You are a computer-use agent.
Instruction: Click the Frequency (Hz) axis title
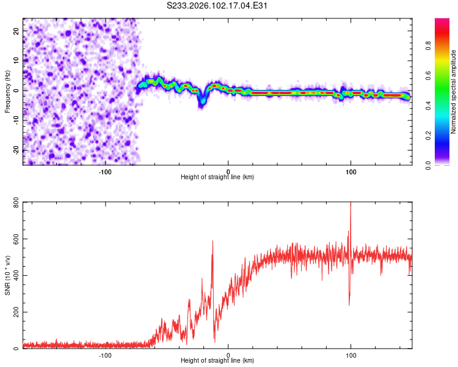pos(7,91)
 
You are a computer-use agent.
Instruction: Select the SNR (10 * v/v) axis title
pos(7,275)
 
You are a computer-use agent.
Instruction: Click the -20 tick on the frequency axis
pos(16,150)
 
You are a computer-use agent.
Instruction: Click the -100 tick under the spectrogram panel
pos(105,171)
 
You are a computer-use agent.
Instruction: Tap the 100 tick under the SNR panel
pos(351,355)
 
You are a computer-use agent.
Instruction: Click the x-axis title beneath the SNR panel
pos(217,361)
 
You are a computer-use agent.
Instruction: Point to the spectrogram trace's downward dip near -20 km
pos(201,104)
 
